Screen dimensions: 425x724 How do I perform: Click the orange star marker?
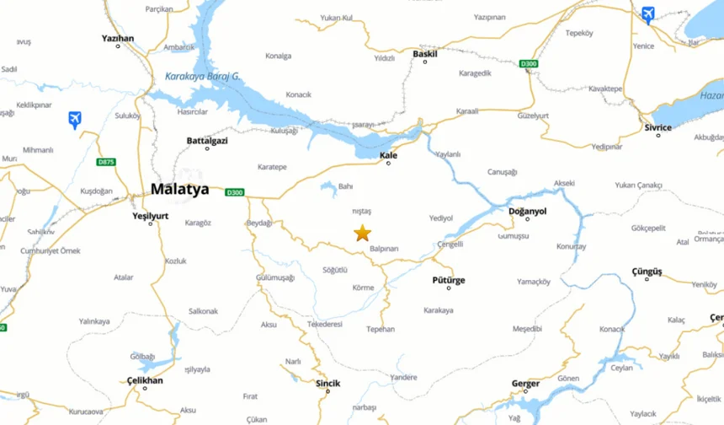[x=363, y=234]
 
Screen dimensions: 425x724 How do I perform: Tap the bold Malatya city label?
[x=179, y=190]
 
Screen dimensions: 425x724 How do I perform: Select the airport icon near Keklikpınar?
[x=75, y=120]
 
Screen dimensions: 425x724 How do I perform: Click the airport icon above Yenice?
[x=647, y=14]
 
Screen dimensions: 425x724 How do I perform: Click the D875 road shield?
[x=106, y=161]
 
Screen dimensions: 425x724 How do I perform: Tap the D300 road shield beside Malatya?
[x=235, y=192]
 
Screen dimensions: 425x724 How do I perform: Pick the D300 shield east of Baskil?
[x=528, y=64]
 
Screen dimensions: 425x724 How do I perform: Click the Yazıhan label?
[x=118, y=38]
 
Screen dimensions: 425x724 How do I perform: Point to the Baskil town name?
[x=425, y=54]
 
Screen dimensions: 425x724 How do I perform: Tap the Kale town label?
[x=388, y=155]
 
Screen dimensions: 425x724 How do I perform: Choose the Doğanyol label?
[x=528, y=211]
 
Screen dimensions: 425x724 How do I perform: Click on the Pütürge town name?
[x=449, y=280]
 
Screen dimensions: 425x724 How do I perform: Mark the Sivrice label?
[x=658, y=127]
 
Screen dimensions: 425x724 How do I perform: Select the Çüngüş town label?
[x=647, y=272]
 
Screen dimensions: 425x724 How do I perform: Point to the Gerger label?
[x=525, y=384]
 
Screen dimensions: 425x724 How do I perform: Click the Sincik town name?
[x=327, y=384]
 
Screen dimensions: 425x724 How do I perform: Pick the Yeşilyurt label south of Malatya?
[x=151, y=215]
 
